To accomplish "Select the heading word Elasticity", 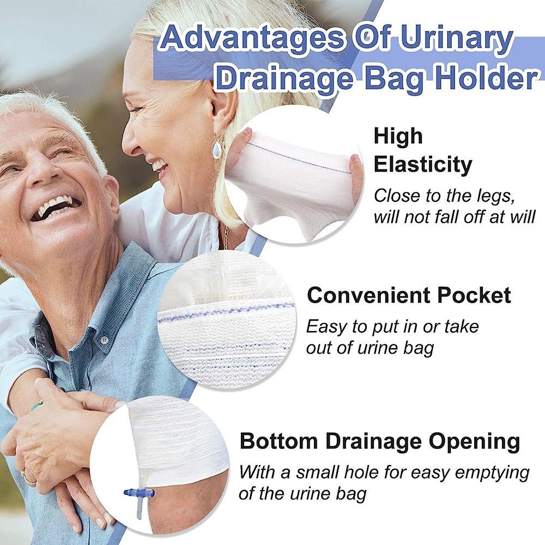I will point(422,164).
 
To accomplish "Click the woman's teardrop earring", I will point(217,148).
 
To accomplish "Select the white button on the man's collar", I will point(104,340).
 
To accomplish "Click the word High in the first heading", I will point(398,136).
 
